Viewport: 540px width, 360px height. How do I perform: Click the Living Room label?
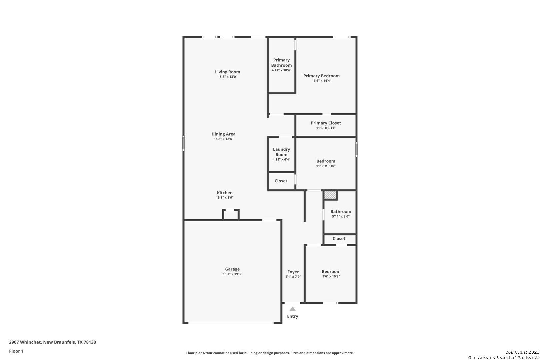[x=227, y=72]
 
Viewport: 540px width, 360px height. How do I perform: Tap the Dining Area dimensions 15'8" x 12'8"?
[x=223, y=139]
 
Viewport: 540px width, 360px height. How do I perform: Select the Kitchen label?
[x=225, y=193]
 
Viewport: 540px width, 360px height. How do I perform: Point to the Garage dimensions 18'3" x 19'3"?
[x=232, y=274]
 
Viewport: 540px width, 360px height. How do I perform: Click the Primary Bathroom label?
[x=281, y=63]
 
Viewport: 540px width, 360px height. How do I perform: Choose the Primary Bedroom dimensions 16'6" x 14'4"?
[x=321, y=81]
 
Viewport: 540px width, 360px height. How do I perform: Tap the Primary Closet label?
[x=326, y=123]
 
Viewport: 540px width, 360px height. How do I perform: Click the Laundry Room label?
[x=281, y=152]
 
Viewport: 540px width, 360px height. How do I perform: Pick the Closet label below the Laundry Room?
[x=281, y=181]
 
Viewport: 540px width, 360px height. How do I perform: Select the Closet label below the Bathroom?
[x=339, y=238]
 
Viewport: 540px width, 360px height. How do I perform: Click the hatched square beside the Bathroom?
[x=330, y=195]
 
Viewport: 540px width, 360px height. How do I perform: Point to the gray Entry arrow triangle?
[x=292, y=309]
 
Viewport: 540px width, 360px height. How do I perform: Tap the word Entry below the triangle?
[x=292, y=316]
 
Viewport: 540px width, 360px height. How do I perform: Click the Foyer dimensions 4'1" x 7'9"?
[x=293, y=277]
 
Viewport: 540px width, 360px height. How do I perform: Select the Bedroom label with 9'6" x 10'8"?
[x=331, y=272]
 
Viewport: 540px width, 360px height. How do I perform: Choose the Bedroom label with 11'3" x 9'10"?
[x=326, y=161]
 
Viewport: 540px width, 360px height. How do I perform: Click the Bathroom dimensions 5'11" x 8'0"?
[x=341, y=217]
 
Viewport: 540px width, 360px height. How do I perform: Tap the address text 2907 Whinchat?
[x=25, y=342]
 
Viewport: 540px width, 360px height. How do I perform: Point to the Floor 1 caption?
[x=16, y=351]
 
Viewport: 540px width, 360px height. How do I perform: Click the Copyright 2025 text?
[x=522, y=352]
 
